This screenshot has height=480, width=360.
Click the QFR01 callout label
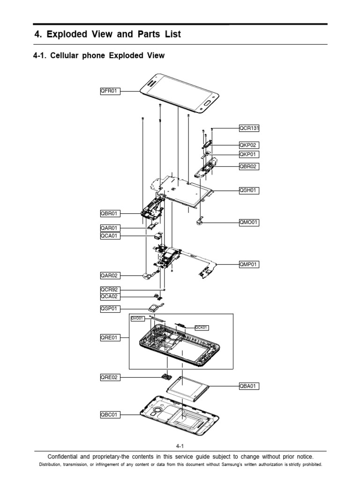110,91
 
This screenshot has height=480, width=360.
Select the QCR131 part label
249,127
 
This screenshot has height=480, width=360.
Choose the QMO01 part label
249,222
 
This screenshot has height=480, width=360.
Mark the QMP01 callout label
249,264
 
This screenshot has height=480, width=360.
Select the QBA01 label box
249,386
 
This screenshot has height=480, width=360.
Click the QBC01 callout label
110,414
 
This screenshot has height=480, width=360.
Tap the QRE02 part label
110,377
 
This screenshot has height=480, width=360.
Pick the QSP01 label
110,308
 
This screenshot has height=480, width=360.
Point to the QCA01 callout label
110,236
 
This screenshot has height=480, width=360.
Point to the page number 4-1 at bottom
180,447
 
